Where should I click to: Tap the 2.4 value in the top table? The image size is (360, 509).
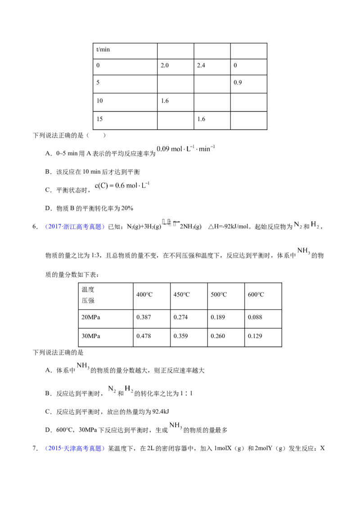click(201, 65)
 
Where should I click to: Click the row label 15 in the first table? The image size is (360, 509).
click(99, 119)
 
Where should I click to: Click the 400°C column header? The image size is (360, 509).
click(144, 295)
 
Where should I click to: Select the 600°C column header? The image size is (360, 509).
click(256, 295)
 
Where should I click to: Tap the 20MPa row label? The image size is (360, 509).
click(90, 317)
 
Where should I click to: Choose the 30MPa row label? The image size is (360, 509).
click(90, 336)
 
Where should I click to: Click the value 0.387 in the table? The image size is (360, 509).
click(144, 317)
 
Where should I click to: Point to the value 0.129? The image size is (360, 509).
click(255, 336)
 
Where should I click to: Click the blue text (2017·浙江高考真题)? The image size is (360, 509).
click(75, 227)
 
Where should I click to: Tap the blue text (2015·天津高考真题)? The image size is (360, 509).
click(75, 448)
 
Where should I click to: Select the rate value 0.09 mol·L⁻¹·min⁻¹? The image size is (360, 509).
click(185, 149)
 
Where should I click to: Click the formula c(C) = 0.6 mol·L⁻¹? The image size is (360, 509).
click(122, 185)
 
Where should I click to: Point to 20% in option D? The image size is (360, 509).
click(127, 208)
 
